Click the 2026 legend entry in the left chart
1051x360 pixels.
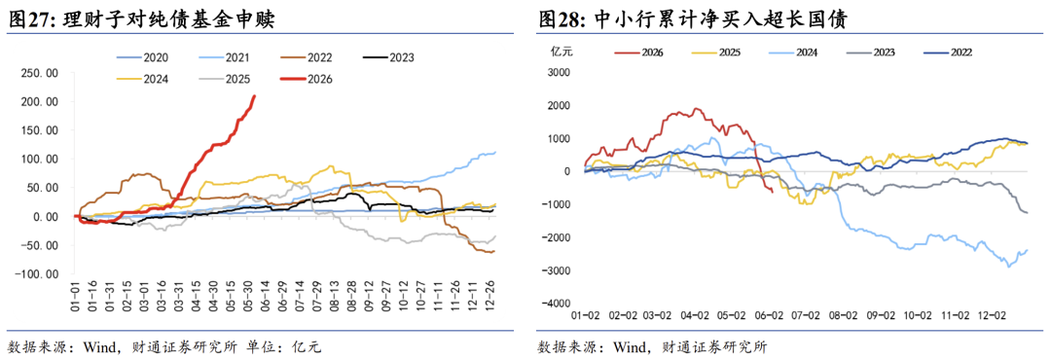click(x=303, y=79)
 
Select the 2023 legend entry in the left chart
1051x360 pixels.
click(x=387, y=57)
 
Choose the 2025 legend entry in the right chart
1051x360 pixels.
click(x=715, y=52)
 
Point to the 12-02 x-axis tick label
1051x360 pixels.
click(x=992, y=315)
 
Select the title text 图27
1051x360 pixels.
click(x=26, y=19)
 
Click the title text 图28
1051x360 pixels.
click(x=559, y=19)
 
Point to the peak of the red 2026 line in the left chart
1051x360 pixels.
click(x=254, y=96)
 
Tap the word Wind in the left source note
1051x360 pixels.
click(x=98, y=347)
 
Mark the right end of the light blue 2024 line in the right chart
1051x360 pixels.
click(x=1028, y=250)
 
